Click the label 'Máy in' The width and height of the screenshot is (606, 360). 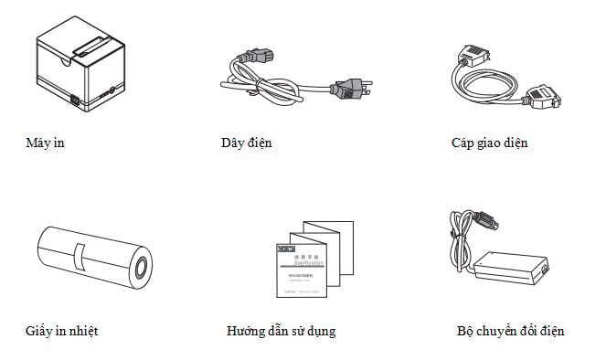pyautogui.click(x=46, y=143)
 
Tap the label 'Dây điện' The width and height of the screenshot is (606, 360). pyautogui.click(x=246, y=143)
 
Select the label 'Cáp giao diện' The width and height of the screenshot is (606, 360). pyautogui.click(x=489, y=143)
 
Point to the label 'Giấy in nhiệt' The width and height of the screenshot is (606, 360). pyautogui.click(x=62, y=331)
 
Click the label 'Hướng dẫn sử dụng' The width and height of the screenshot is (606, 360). pyautogui.click(x=281, y=331)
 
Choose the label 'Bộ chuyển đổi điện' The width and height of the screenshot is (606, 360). pyautogui.click(x=510, y=331)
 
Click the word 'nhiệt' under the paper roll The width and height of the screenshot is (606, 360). pyautogui.click(x=82, y=331)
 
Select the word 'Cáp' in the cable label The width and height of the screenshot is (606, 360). pyautogui.click(x=462, y=143)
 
